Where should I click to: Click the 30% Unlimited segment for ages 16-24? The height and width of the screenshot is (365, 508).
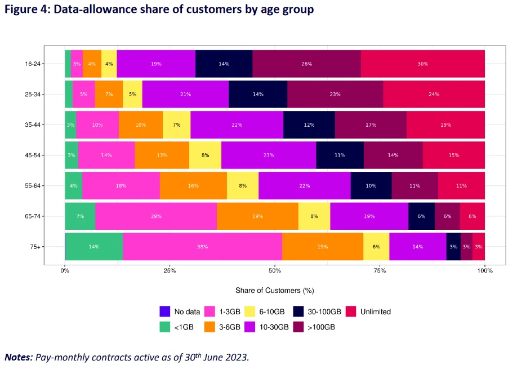422,64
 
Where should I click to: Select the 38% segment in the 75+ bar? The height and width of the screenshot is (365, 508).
202,246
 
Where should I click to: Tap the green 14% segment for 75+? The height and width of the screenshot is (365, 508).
94,246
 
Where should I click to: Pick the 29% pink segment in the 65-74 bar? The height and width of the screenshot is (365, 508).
156,216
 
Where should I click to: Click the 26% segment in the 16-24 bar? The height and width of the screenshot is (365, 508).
306,64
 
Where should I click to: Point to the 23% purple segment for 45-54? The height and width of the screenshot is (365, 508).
269,155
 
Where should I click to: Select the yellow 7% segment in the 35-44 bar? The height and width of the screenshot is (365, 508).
176,124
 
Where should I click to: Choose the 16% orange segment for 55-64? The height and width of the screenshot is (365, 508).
193,185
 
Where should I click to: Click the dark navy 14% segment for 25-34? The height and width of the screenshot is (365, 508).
258,94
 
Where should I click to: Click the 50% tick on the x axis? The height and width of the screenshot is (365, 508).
275,271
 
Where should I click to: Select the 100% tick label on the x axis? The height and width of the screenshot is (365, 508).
484,271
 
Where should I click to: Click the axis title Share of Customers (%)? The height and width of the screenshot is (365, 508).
274,290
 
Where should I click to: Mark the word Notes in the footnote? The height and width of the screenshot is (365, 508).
18,357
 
